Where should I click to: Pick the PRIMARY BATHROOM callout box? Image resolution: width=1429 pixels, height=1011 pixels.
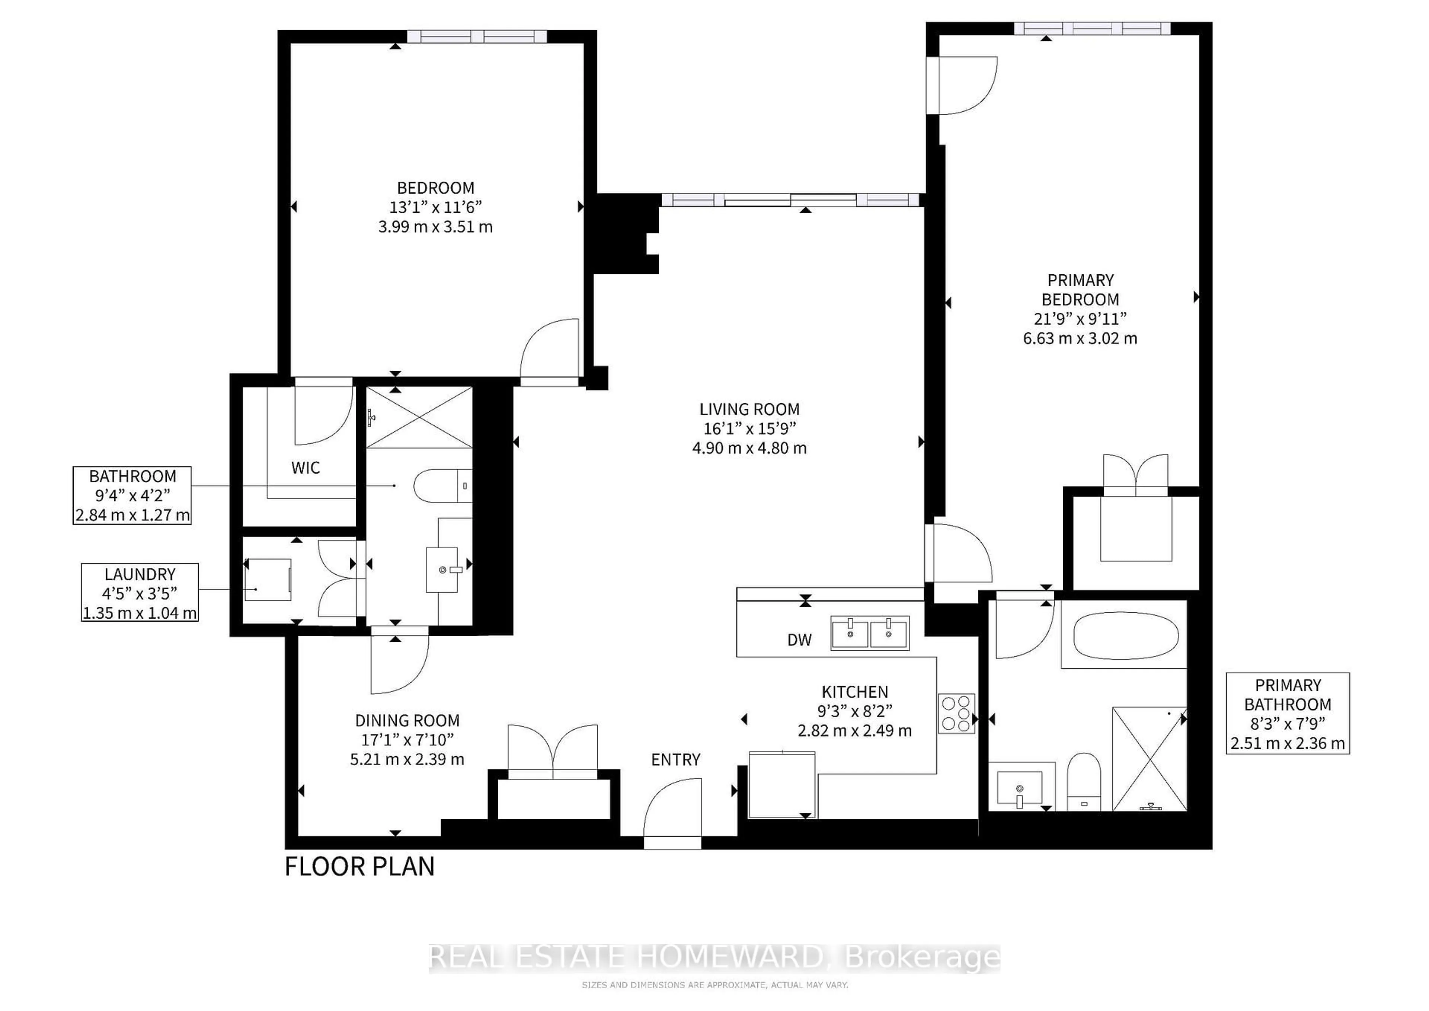1287,714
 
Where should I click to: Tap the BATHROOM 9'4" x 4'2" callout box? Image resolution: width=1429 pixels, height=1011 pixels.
132,495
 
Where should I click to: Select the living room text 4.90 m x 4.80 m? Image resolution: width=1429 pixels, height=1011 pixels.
749,448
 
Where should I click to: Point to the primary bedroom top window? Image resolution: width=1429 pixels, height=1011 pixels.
1092,28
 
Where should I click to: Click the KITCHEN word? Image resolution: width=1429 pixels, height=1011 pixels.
854,692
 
